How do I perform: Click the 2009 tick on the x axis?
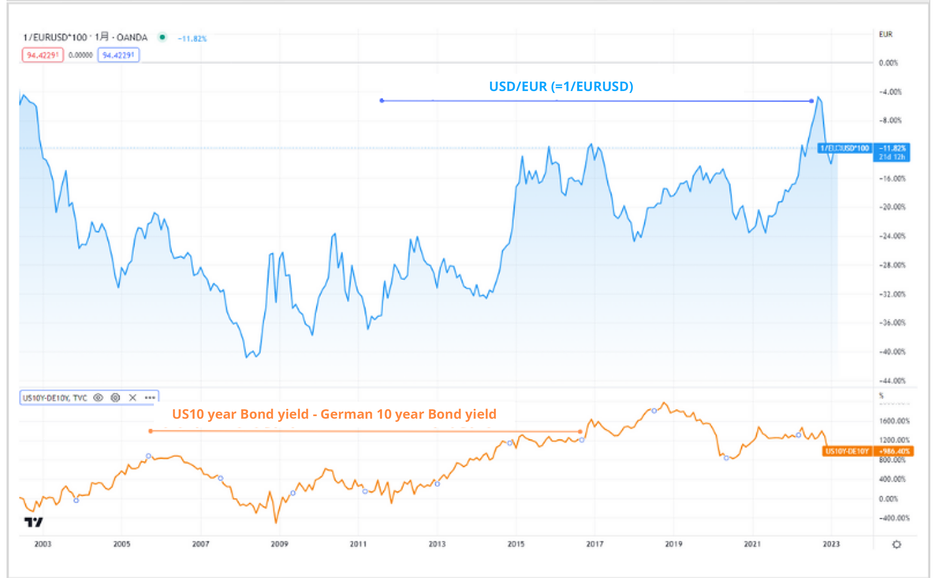pos(279,544)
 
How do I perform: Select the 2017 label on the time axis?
pos(594,544)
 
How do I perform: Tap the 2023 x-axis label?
pos(831,544)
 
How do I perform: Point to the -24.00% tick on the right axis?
pos(892,236)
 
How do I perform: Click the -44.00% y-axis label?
pos(892,381)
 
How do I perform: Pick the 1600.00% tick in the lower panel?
pos(894,421)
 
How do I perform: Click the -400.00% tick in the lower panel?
pos(894,518)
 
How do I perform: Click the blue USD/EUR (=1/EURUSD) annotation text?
pos(561,86)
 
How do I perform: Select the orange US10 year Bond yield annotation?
pos(334,414)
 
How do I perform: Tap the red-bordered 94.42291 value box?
pos(43,55)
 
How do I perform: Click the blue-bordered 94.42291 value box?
pos(118,55)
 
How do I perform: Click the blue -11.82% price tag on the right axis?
pos(892,152)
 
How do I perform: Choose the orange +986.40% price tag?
pos(894,452)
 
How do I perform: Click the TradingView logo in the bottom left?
pos(34,522)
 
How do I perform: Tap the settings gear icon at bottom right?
pos(897,544)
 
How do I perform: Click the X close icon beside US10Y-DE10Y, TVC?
pos(132,398)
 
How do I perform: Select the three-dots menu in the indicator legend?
pos(149,398)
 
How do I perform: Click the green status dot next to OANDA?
pos(162,37)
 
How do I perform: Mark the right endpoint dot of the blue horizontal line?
pos(811,101)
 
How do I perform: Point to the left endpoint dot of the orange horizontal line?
pos(151,431)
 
